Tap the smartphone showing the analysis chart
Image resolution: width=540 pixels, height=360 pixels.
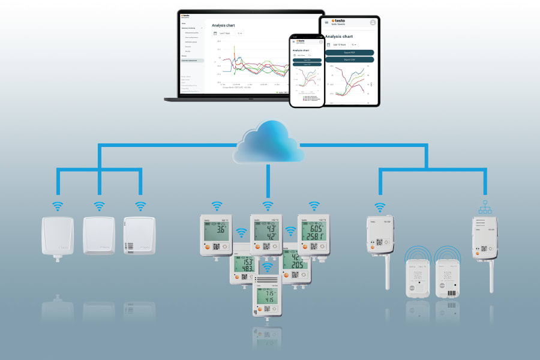coord(307,71)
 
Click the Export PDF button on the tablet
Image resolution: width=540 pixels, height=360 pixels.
coord(350,53)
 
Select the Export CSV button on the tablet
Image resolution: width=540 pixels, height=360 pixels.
coord(350,59)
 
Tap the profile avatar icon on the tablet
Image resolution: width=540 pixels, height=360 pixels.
coord(373,22)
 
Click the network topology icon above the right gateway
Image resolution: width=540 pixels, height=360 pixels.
coord(485,207)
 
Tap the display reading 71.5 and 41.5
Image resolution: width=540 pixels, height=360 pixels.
coord(267,296)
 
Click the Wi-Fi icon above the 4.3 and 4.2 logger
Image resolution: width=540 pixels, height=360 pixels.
coord(266,206)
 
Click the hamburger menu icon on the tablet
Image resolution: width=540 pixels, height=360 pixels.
coord(327,22)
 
